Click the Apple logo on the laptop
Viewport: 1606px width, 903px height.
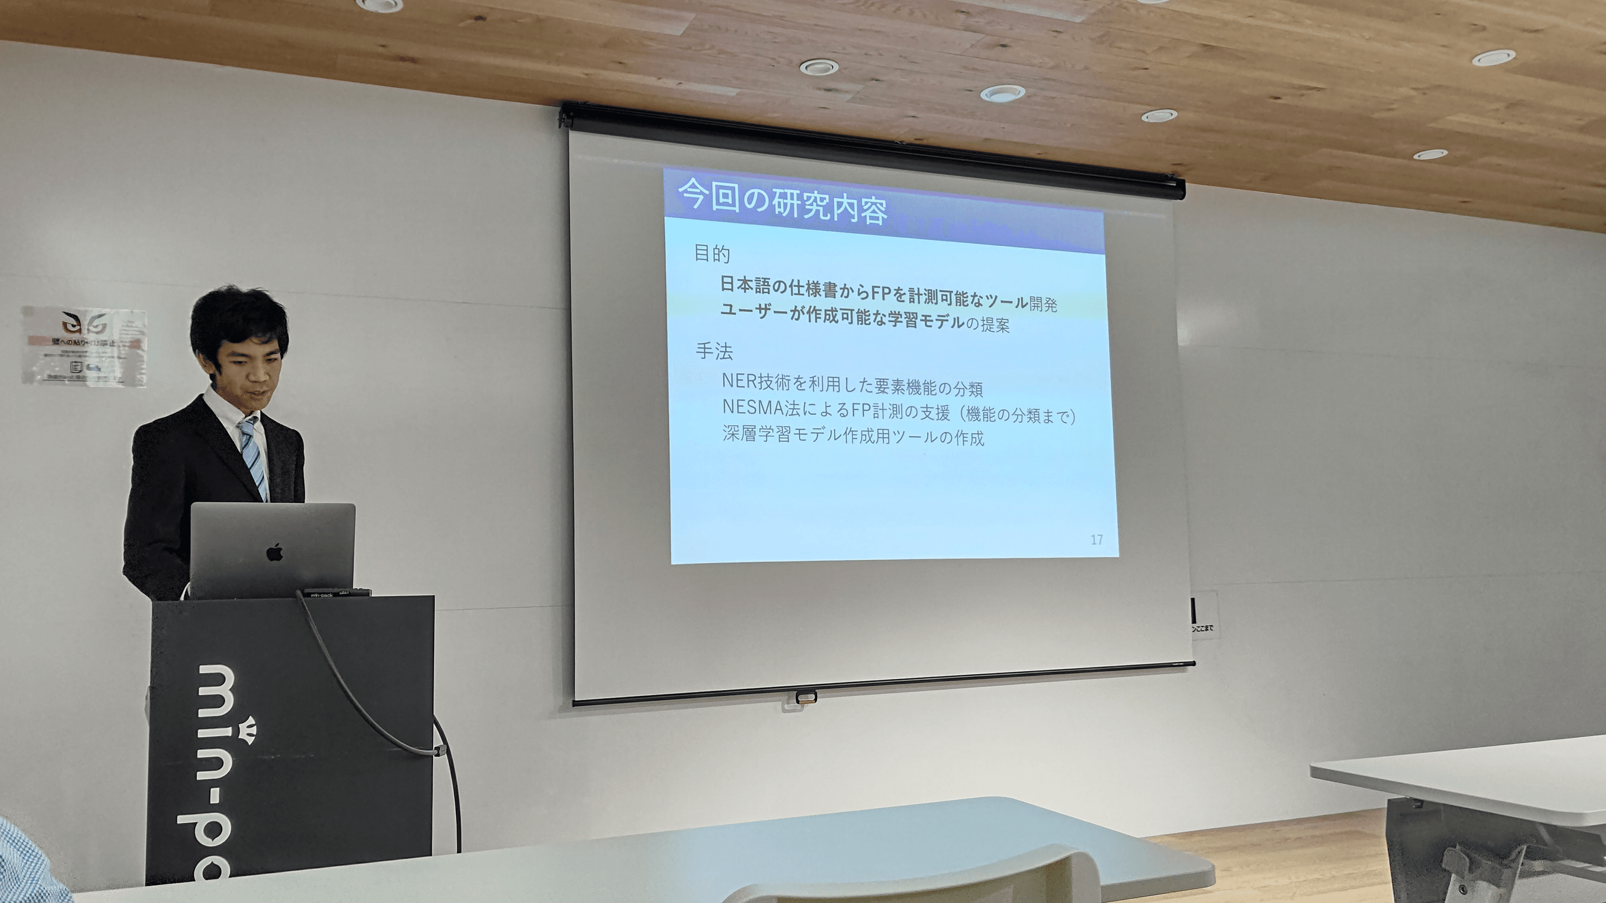click(274, 553)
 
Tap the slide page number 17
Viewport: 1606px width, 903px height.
click(1097, 540)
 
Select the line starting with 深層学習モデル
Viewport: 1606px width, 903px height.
click(853, 436)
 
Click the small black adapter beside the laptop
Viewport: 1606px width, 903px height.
click(337, 593)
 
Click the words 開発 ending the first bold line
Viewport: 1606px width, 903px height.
click(1043, 304)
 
